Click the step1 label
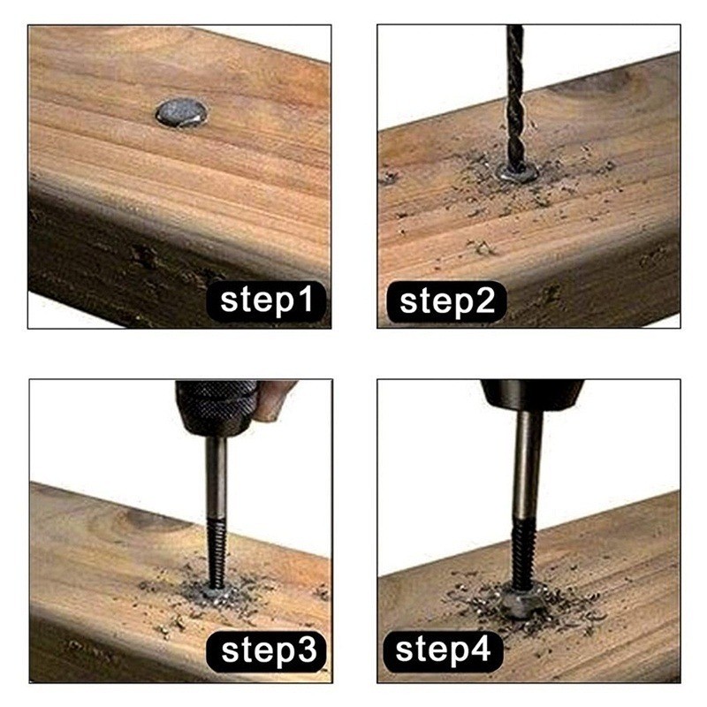point(266,300)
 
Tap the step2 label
point(446,301)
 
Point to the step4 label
point(443,651)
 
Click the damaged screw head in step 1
point(182,113)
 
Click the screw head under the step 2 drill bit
point(517,171)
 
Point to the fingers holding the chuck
point(274,400)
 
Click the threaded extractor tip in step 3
point(216,554)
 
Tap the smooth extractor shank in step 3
point(217,478)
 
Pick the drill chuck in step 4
point(532,395)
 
